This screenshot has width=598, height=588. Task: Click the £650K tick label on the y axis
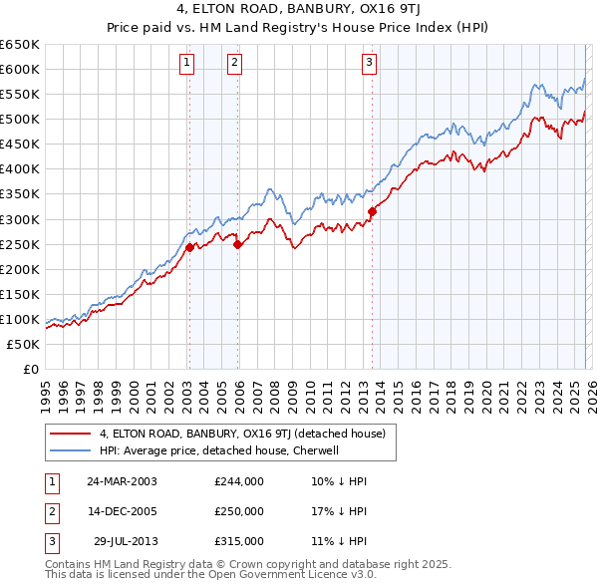tap(20, 45)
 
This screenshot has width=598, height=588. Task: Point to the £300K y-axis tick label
tap(20, 219)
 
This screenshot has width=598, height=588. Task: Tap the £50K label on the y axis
tap(23, 344)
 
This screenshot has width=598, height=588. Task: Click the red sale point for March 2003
tap(189, 247)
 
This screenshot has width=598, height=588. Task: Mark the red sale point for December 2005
tap(238, 244)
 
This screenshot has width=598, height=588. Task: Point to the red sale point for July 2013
tap(372, 211)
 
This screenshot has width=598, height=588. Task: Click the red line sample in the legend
tap(71, 434)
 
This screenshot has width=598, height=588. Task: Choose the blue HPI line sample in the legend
tap(71, 450)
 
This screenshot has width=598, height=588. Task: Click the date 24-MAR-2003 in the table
tap(122, 481)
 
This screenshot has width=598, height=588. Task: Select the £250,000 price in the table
tap(239, 511)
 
